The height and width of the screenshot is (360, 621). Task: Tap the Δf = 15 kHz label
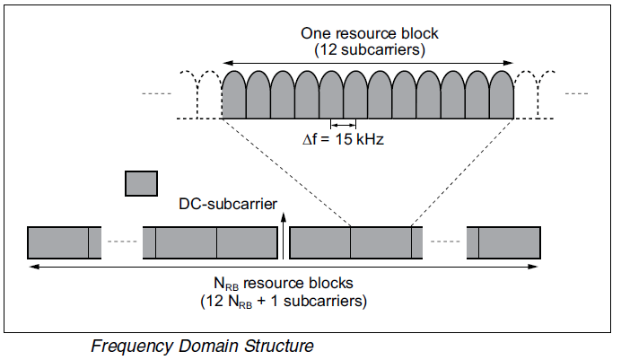click(343, 140)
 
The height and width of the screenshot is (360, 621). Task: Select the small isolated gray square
click(141, 183)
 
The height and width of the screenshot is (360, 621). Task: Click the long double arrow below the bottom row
click(284, 267)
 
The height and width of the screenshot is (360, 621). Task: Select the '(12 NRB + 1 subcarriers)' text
click(283, 301)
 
